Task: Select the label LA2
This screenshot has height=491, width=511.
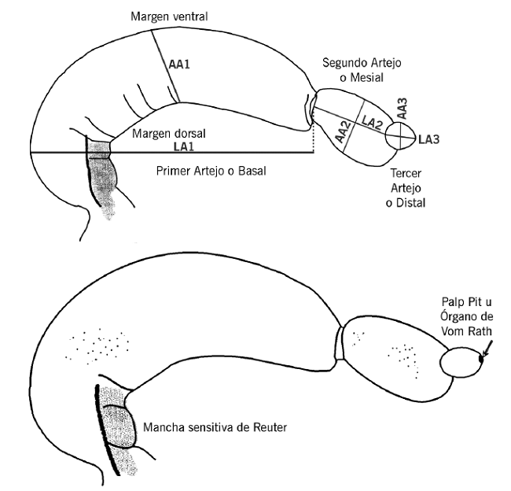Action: (x=373, y=120)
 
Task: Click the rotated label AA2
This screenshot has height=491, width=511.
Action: (x=343, y=130)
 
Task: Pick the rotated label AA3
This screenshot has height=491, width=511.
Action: (x=402, y=109)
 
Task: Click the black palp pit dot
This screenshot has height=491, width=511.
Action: (x=481, y=360)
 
